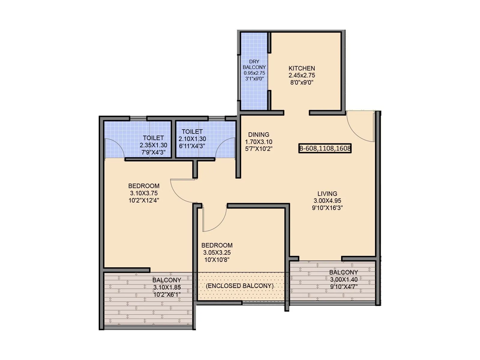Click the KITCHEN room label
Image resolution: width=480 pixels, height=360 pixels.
[x=301, y=68]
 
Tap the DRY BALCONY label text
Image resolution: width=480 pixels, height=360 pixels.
[x=254, y=64]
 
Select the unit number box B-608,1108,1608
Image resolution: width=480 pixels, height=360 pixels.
[x=325, y=148]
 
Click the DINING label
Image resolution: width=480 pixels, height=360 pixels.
[x=259, y=135]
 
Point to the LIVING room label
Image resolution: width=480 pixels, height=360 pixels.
[x=327, y=194]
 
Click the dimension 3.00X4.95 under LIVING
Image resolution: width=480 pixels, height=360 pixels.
[x=327, y=201]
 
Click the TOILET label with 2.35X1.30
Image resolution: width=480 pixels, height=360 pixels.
[x=153, y=138]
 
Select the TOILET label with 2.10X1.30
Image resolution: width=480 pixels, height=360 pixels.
[x=192, y=132]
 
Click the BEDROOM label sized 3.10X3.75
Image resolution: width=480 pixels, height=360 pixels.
[x=144, y=186]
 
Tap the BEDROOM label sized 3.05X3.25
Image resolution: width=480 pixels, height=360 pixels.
[x=217, y=245]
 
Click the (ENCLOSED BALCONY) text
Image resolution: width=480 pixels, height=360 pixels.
[x=240, y=286]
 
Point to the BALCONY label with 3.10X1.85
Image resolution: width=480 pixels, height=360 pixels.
[x=167, y=280]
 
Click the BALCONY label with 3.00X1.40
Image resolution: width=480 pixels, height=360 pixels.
[x=343, y=272]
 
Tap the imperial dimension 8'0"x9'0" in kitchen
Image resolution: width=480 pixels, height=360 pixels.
[x=301, y=82]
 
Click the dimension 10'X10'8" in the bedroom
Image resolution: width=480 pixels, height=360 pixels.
[x=217, y=260]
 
